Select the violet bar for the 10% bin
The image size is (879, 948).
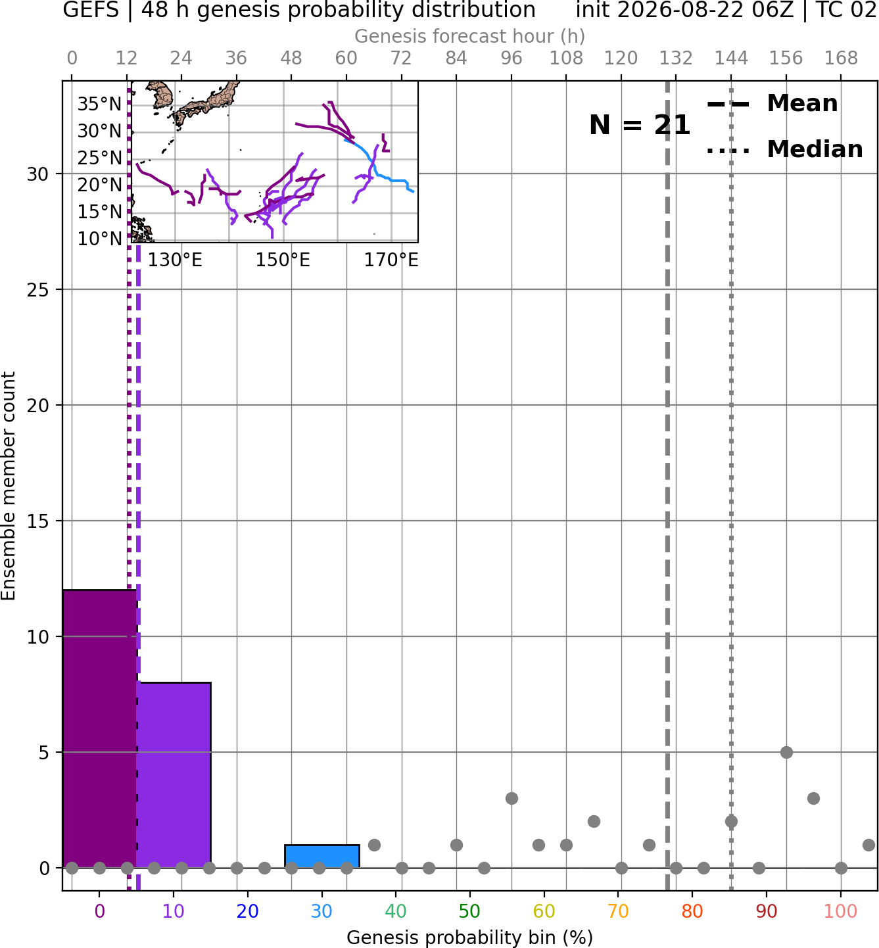pyautogui.click(x=174, y=776)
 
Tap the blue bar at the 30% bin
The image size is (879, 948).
pyautogui.click(x=322, y=857)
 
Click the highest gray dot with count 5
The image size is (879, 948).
pyautogui.click(x=786, y=753)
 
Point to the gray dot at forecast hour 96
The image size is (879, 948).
pyautogui.click(x=511, y=799)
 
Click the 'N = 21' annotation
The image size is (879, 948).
pyautogui.click(x=639, y=125)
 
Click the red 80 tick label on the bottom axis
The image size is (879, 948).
pyautogui.click(x=692, y=911)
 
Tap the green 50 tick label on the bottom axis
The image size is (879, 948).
pyautogui.click(x=469, y=911)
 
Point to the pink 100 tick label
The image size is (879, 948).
pyautogui.click(x=841, y=911)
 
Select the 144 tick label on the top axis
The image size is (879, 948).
pyautogui.click(x=731, y=59)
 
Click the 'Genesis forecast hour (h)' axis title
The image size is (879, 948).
pyautogui.click(x=470, y=36)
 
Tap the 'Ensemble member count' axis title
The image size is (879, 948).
pyautogui.click(x=8, y=486)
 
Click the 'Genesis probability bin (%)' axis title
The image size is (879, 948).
pyautogui.click(x=470, y=937)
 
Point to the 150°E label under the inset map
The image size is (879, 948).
pyautogui.click(x=283, y=260)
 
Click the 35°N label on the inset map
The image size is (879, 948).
pyautogui.click(x=100, y=104)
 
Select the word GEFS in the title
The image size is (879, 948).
pyautogui.click(x=91, y=10)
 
